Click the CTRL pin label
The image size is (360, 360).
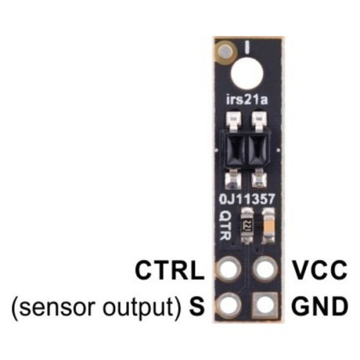tap(170, 271)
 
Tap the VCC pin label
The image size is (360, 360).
tap(320, 271)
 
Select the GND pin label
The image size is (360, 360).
tap(320, 306)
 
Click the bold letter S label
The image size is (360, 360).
tap(197, 306)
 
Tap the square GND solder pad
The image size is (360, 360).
tap(265, 305)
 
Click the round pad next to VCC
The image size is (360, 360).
tap(265, 269)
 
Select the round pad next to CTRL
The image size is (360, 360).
tap(228, 269)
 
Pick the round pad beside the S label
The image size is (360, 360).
tap(228, 305)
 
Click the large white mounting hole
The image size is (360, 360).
tap(247, 74)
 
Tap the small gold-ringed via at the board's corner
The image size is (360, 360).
tap(227, 52)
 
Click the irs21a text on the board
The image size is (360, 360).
tap(247, 100)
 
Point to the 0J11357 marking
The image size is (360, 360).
tap(247, 199)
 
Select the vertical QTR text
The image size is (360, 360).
tap(225, 225)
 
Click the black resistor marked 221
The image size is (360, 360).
tap(247, 226)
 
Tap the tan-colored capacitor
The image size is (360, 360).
tap(269, 226)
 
